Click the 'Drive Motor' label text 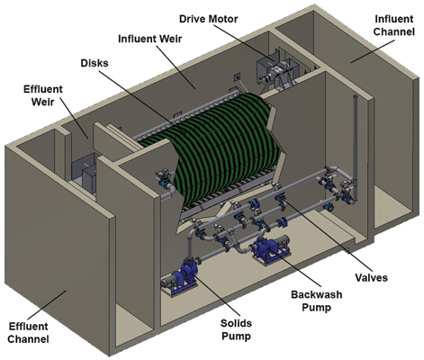[x=209, y=19]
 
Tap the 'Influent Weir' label [x=150, y=39]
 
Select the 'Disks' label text [x=95, y=63]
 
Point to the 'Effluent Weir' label [x=43, y=95]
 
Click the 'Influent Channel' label [x=394, y=25]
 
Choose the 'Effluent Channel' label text [x=28, y=332]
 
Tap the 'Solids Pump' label [x=236, y=329]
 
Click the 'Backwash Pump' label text [x=317, y=301]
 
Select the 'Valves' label [x=372, y=277]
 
